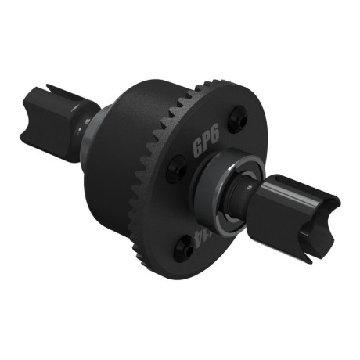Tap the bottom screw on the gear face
pyautogui.click(x=185, y=249)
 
